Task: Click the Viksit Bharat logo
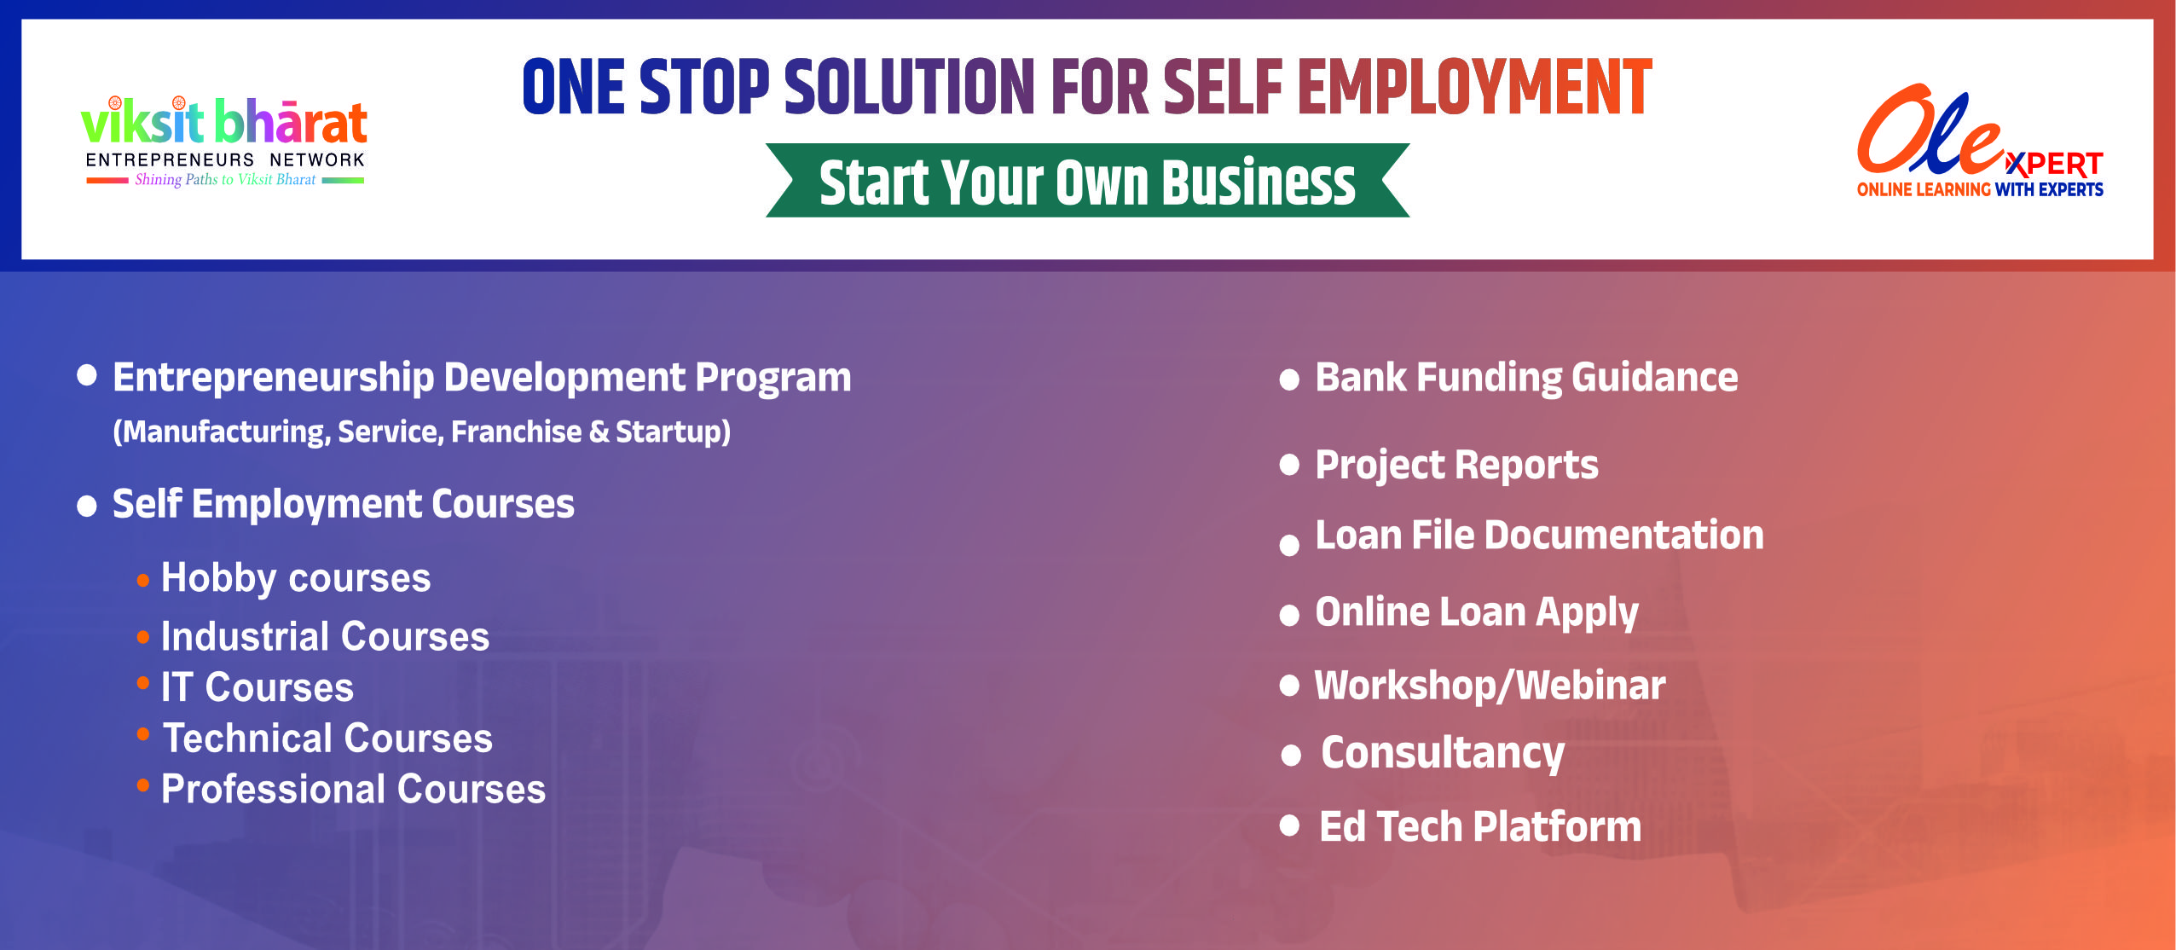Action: click(224, 141)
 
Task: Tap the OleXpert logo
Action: click(1980, 142)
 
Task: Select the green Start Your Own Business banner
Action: click(1087, 181)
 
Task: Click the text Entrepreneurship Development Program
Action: click(482, 379)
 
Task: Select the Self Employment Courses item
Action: click(344, 504)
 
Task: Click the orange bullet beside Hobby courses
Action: click(143, 581)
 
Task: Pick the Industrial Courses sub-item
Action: click(326, 636)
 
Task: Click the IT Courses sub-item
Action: click(258, 687)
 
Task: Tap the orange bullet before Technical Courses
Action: click(143, 733)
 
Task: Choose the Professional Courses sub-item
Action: click(354, 789)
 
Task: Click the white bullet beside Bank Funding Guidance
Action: click(1289, 380)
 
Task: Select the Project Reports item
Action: click(1456, 466)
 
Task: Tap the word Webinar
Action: click(1591, 686)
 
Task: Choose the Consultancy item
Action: click(1443, 754)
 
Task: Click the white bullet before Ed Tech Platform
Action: click(1289, 825)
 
